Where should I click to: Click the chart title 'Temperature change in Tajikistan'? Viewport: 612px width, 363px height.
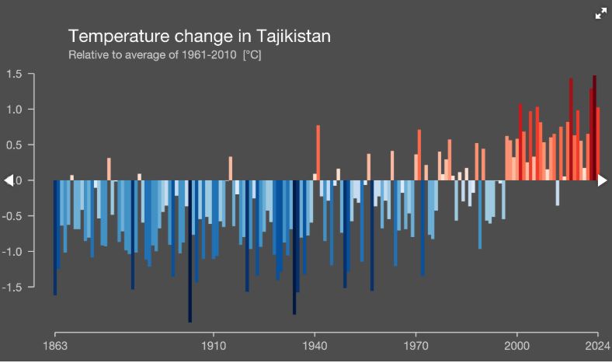click(x=200, y=37)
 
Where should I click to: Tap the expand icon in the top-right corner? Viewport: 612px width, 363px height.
click(x=600, y=13)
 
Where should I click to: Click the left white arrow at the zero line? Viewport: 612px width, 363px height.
click(x=9, y=180)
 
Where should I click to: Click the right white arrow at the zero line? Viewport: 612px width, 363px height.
click(x=603, y=180)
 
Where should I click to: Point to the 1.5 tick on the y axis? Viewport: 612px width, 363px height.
click(x=15, y=74)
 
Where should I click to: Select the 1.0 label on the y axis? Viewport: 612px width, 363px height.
click(x=15, y=110)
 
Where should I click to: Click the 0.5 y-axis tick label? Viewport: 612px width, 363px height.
click(x=15, y=145)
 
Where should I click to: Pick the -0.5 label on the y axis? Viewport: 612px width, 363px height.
click(x=13, y=216)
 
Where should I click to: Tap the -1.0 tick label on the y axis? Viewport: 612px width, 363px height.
click(x=13, y=251)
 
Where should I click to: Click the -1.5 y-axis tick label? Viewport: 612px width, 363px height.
click(x=13, y=287)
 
